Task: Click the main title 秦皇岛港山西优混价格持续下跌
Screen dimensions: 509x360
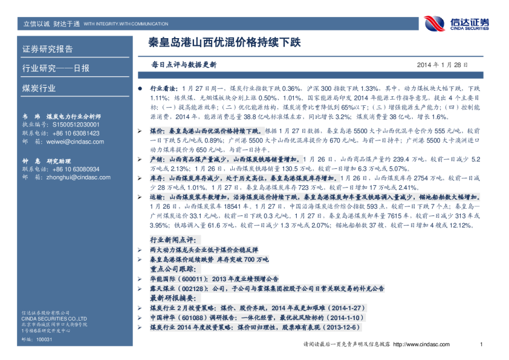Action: pyautogui.click(x=224, y=44)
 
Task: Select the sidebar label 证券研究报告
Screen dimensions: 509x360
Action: pyautogui.click(x=48, y=49)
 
